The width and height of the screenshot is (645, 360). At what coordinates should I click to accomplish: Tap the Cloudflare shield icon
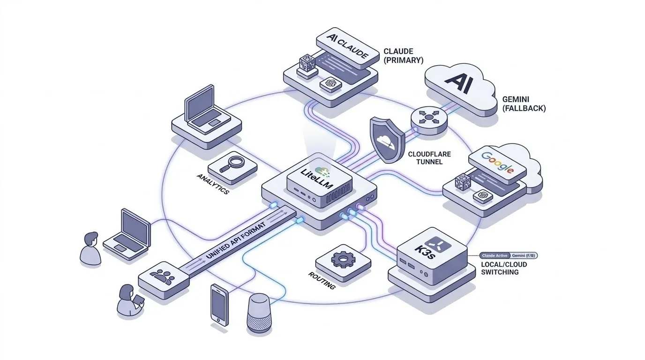tap(387, 140)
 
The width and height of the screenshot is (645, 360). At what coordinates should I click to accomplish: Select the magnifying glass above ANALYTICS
tap(233, 165)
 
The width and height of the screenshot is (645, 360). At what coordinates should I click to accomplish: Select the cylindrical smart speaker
tap(259, 313)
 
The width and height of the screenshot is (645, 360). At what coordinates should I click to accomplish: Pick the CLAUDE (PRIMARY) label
tap(403, 56)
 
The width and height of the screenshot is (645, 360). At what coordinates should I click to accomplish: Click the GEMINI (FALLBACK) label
tap(524, 104)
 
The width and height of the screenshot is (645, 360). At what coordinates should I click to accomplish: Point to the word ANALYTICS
tap(213, 184)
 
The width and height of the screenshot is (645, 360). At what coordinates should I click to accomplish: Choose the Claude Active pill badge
tap(495, 255)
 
